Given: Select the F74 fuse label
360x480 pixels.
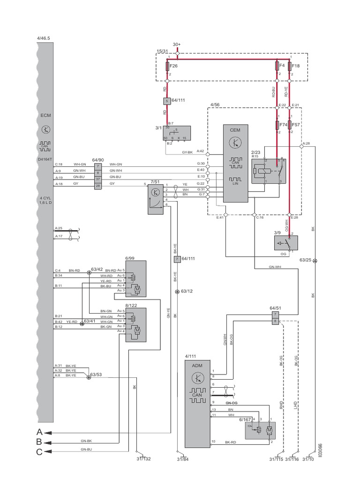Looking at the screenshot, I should coord(283,125).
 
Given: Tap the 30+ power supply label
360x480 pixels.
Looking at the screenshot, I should coord(177,44).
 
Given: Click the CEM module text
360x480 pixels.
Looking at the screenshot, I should coord(235,130).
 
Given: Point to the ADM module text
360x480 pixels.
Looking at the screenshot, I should coord(197,366).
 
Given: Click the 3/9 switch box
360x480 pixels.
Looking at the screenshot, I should coord(286,244).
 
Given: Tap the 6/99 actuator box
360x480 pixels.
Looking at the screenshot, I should coord(135,279).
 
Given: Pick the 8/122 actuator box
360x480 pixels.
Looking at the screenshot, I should coord(135,324).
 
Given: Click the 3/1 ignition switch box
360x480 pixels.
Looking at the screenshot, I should coord(177,133).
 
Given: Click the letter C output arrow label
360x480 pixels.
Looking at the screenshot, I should coord(39,451).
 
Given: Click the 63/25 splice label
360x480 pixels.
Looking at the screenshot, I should coord(306,259).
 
